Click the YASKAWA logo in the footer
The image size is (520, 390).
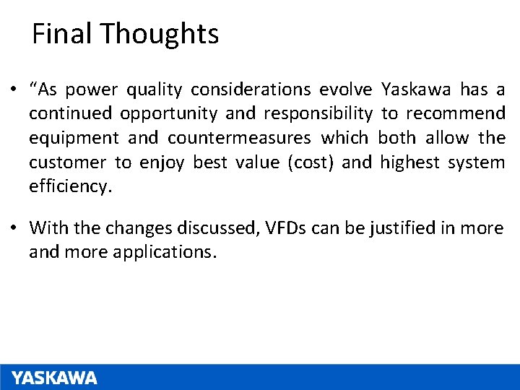point(55,378)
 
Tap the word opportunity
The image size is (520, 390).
point(169,113)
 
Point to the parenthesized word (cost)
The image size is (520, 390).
point(311,162)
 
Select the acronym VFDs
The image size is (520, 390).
point(287,228)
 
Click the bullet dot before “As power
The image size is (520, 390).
point(14,90)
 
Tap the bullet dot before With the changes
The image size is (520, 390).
point(14,229)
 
